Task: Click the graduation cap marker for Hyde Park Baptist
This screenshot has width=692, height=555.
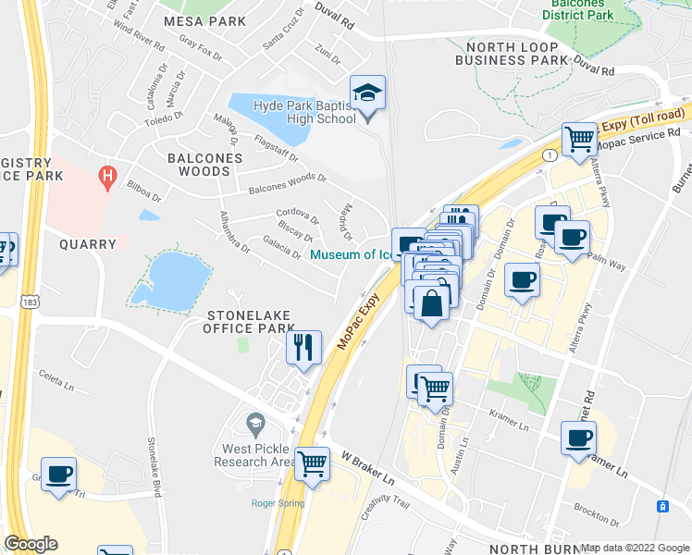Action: coord(367,93)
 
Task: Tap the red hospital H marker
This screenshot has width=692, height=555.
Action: coord(108,175)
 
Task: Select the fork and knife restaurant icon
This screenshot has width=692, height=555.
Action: coord(303,348)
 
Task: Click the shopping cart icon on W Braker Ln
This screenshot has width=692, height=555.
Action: coord(312,463)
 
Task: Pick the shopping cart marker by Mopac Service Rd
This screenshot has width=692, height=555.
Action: coord(580,140)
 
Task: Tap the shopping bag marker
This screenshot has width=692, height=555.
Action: coord(432,302)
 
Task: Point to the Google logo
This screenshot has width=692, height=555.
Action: coord(31,544)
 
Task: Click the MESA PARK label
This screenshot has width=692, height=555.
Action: coord(204,20)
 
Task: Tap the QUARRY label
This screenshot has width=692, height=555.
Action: coord(88,244)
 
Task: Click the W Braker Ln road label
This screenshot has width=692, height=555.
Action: coord(368,469)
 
